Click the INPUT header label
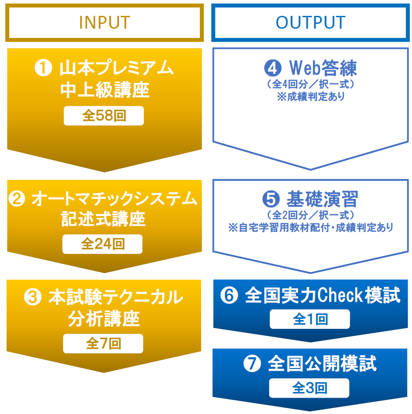tap(105, 22)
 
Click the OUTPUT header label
tap(311, 22)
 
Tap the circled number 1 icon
tap(43, 67)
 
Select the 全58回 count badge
tap(104, 116)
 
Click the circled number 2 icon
tap(17, 198)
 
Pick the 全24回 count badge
tap(102, 244)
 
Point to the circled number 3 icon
tap(33, 297)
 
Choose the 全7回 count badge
tap(103, 343)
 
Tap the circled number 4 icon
tap(273, 68)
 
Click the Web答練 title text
tap(323, 68)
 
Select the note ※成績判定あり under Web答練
tap(311, 97)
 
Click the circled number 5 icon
tap(271, 199)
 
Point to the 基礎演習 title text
tap(322, 199)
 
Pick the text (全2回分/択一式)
tap(311, 215)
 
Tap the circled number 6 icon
tap(229, 295)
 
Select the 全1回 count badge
tap(310, 319)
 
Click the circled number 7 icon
tap(252, 364)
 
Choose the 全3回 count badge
tap(309, 388)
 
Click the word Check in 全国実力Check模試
tap(340, 295)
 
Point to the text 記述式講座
tap(103, 219)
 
